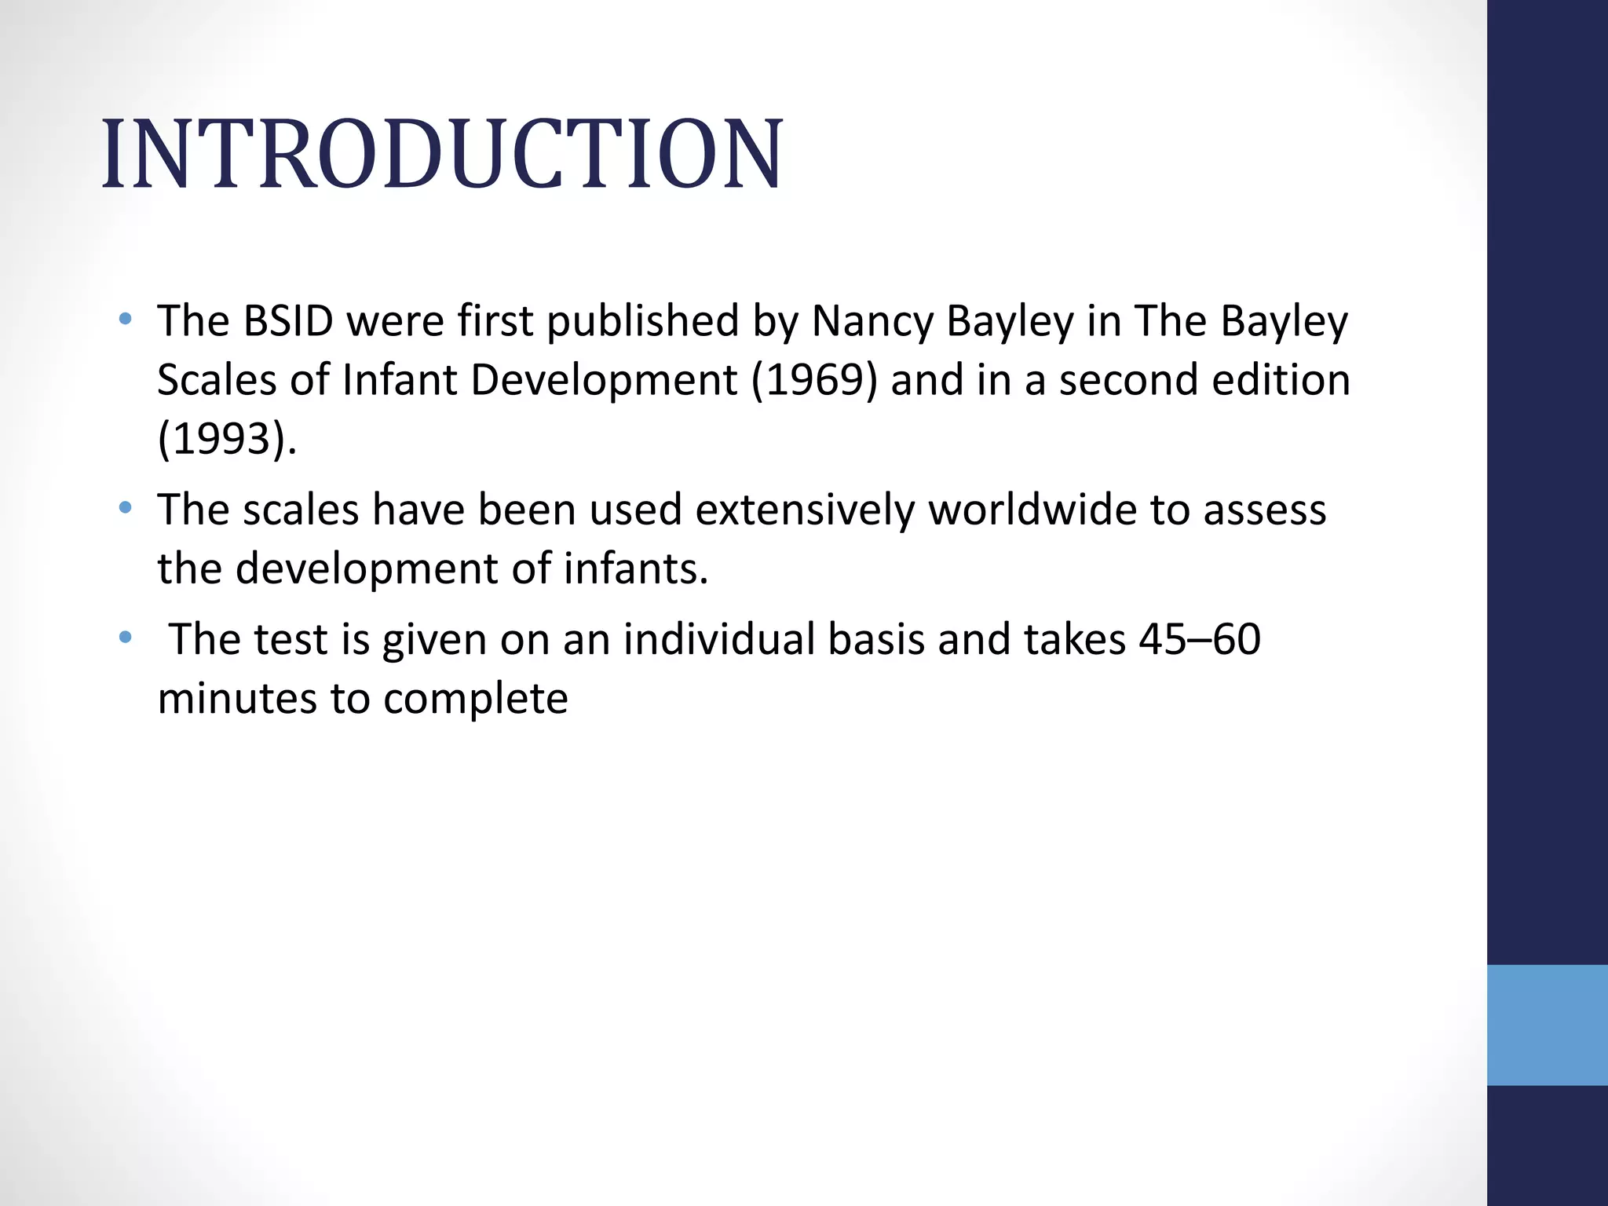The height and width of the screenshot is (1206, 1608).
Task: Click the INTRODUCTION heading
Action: tap(442, 154)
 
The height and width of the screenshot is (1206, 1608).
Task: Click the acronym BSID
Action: tap(288, 321)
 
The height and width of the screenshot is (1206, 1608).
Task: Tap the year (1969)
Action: tap(813, 380)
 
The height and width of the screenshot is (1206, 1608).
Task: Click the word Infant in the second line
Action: tap(400, 380)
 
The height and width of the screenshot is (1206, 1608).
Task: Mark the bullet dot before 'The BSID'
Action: tap(125, 320)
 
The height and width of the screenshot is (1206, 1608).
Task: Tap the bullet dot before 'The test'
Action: tap(125, 638)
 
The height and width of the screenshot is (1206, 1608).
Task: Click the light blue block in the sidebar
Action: tap(1547, 1025)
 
